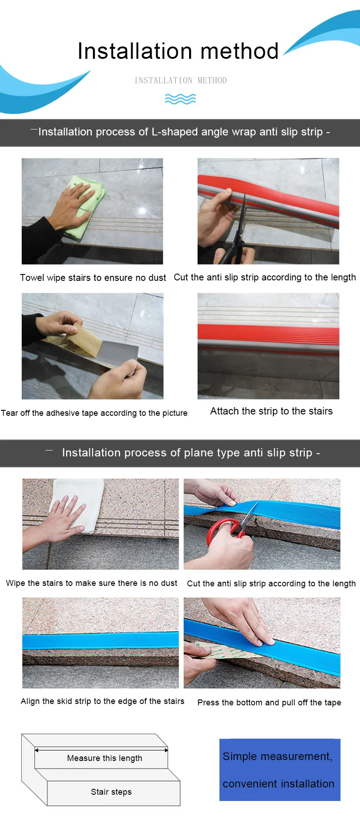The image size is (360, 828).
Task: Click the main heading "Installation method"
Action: click(x=178, y=51)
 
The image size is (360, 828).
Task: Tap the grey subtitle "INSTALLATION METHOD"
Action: click(x=180, y=81)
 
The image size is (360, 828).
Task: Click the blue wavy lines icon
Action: click(x=180, y=99)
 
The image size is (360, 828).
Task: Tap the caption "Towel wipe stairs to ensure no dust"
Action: click(x=93, y=278)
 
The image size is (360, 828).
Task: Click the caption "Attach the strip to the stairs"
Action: click(x=271, y=411)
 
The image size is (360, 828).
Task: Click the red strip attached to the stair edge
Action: click(x=268, y=336)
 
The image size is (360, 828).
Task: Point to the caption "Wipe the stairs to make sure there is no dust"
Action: click(x=92, y=583)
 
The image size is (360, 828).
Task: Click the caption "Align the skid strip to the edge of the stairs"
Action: click(x=103, y=701)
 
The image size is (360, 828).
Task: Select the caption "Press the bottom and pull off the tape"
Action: click(x=269, y=703)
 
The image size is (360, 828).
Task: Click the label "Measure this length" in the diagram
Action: click(x=104, y=758)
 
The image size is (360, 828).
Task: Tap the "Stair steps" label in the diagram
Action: click(x=111, y=792)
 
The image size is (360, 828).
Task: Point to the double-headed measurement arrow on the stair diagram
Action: click(x=101, y=750)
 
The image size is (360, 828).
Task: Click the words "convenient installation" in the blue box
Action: click(x=278, y=784)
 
